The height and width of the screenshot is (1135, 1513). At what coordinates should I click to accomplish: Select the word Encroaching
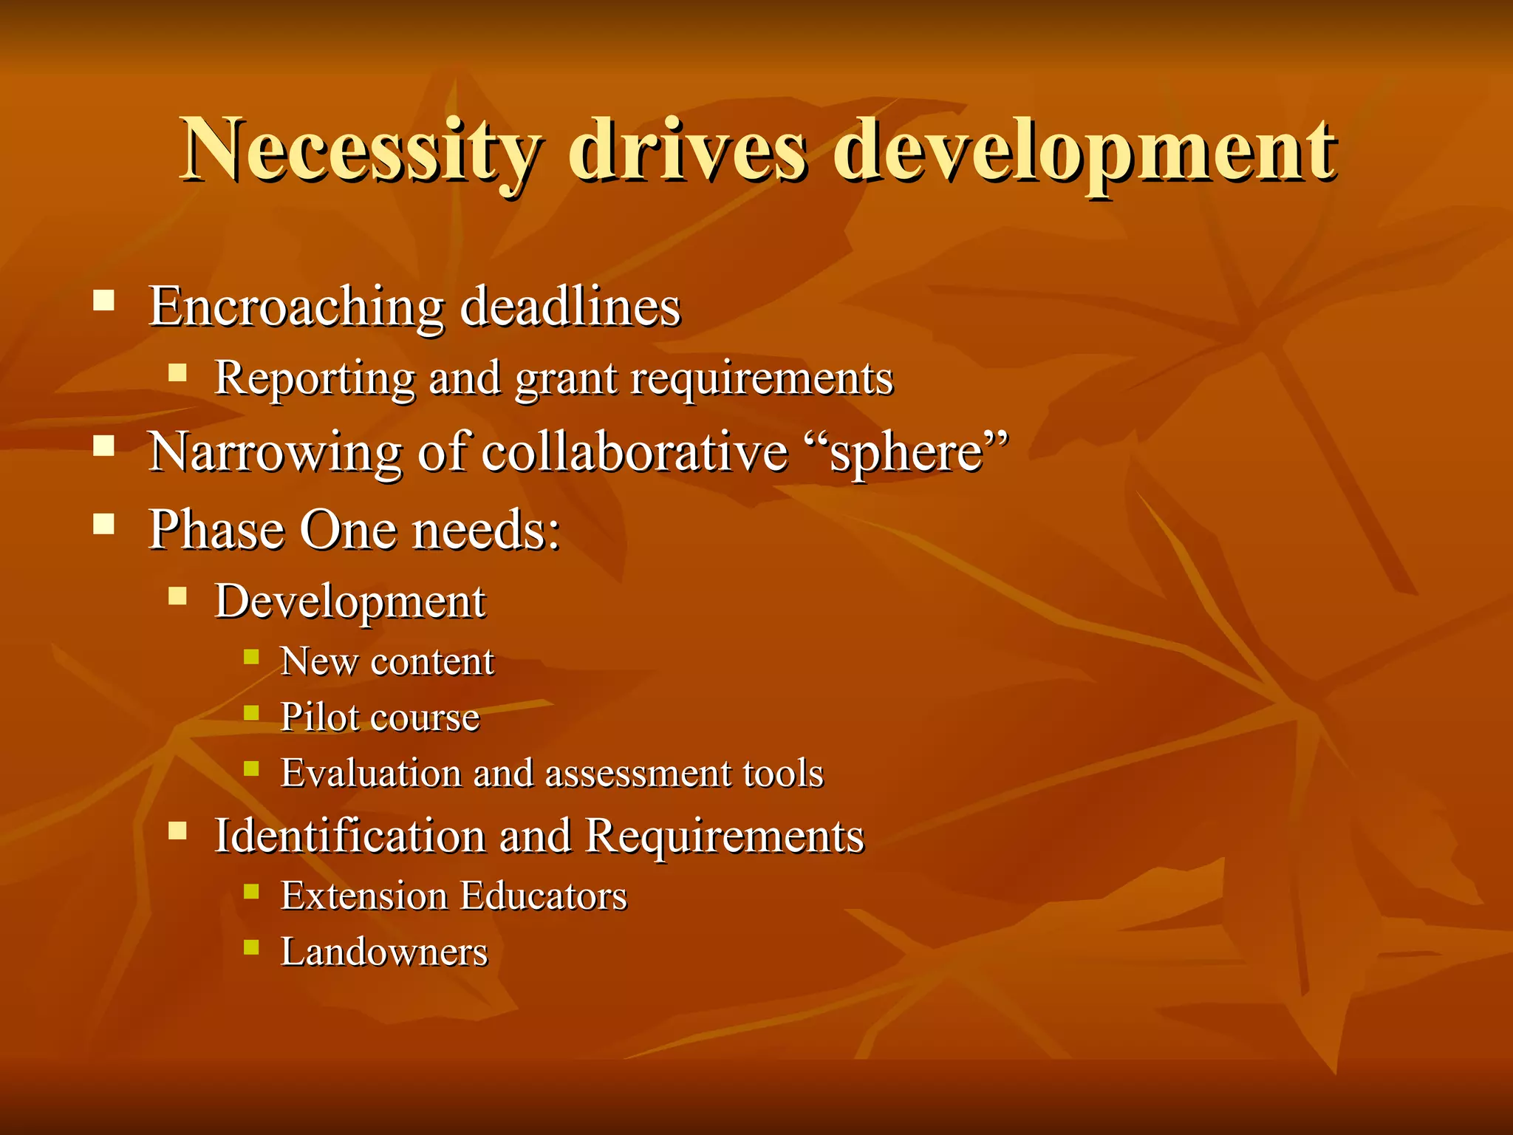coord(296,307)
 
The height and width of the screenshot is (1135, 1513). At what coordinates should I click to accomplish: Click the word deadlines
coord(570,307)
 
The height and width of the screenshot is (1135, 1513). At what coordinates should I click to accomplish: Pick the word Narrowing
coord(274,451)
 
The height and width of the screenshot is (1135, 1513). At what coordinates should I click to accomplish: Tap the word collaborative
coord(635,451)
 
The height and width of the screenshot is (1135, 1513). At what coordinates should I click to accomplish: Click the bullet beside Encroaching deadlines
coord(104,300)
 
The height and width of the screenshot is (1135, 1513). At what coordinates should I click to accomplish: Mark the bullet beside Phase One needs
coord(104,524)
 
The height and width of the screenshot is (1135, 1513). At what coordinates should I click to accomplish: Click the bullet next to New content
coord(251,656)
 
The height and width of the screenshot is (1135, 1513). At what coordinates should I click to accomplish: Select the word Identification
coord(349,836)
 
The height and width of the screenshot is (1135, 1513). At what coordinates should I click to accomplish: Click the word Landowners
coord(384,952)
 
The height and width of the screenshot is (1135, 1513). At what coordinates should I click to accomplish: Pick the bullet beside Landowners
coord(251,947)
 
